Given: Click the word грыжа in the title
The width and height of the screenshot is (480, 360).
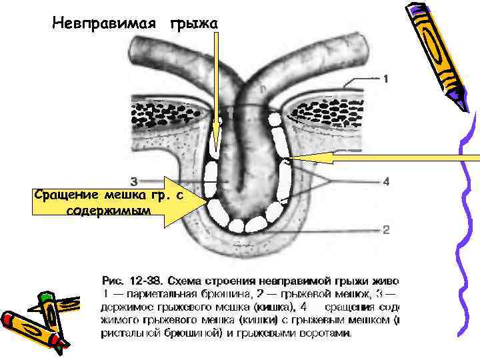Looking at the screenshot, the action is click(x=194, y=23).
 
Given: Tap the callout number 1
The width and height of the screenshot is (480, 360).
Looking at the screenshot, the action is click(x=385, y=79).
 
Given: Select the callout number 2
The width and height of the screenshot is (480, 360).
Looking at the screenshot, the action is click(x=385, y=230).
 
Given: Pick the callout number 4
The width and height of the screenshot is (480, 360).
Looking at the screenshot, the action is click(x=385, y=181).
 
